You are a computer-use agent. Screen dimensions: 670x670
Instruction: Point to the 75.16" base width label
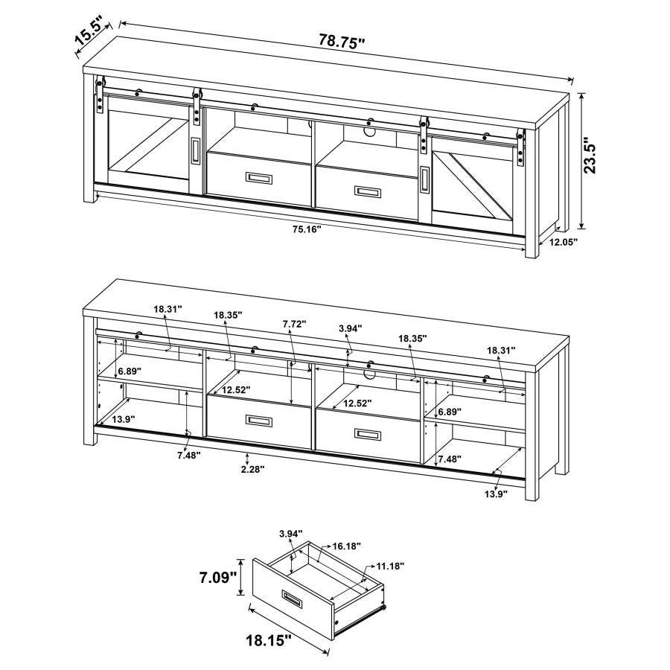(x=304, y=229)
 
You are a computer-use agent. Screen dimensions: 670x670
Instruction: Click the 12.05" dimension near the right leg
(x=564, y=242)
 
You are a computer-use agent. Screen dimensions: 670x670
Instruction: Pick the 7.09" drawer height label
(x=217, y=577)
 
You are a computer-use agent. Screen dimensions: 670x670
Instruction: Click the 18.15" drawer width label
(x=267, y=639)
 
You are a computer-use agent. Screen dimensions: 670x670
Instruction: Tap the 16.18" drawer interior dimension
(x=346, y=546)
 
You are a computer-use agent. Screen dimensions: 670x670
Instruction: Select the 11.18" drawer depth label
(x=389, y=567)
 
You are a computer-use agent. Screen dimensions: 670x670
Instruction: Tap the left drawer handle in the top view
(x=261, y=179)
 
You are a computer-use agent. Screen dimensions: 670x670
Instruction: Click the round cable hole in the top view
(x=370, y=133)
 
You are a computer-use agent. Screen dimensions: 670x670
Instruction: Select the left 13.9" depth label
(x=124, y=420)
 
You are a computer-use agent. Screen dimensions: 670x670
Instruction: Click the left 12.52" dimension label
(x=235, y=390)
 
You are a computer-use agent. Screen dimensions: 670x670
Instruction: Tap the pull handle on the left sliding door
(x=195, y=151)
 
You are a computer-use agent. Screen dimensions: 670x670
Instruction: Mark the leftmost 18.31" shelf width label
(x=168, y=308)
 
